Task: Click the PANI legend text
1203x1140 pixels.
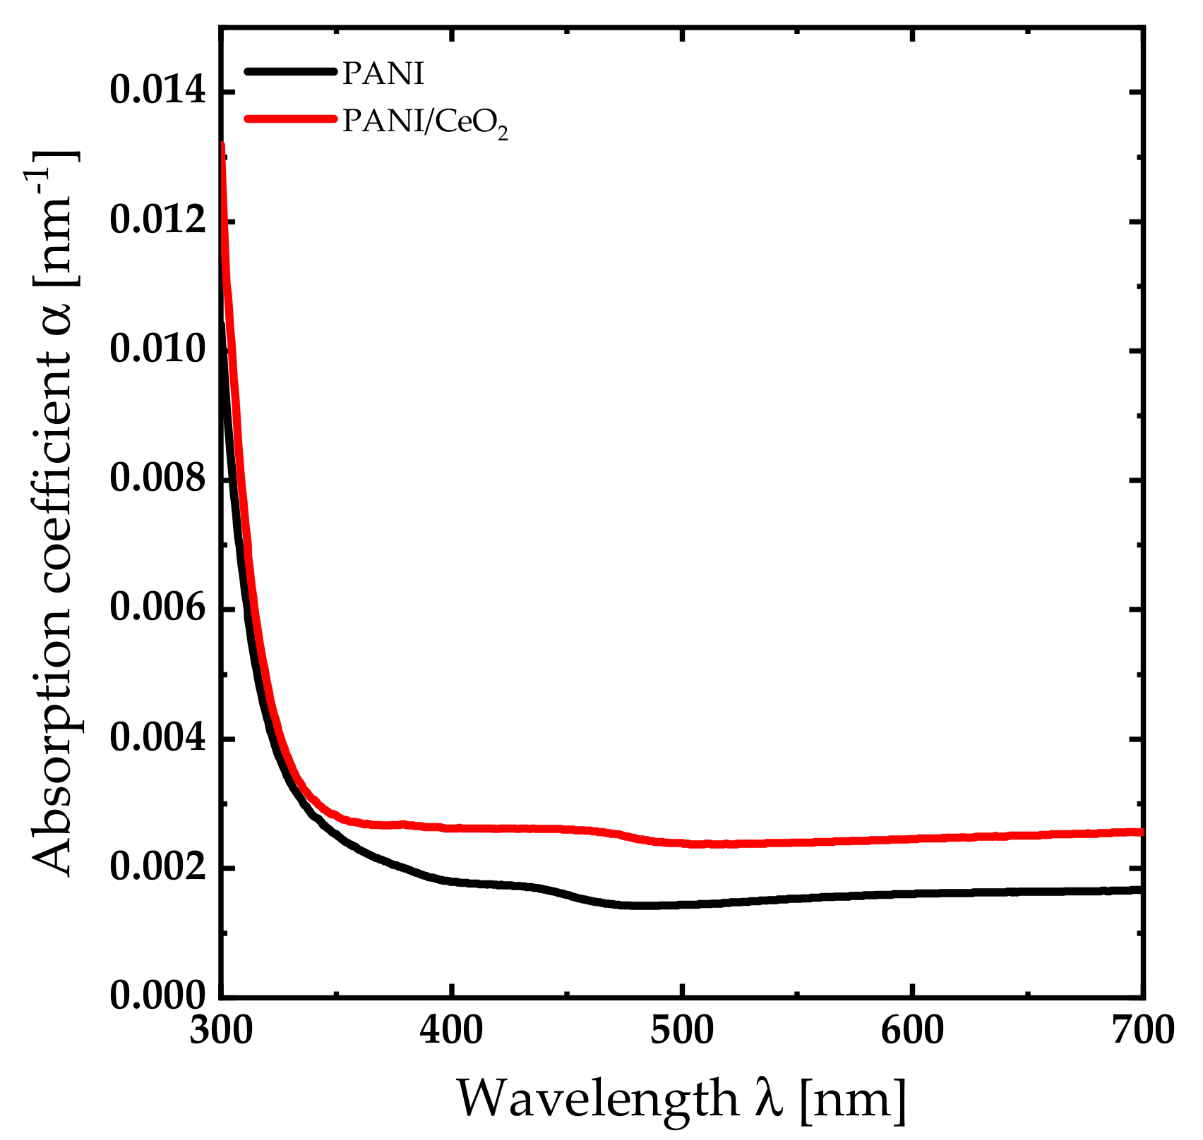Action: pyautogui.click(x=383, y=73)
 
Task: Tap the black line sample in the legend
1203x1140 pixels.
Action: pyautogui.click(x=289, y=71)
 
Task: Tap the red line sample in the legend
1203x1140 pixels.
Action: pyautogui.click(x=289, y=119)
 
